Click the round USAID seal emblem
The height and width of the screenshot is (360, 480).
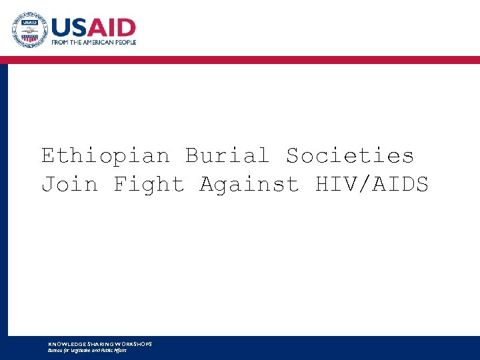pos(30,30)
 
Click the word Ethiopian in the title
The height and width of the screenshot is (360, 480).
pos(106,156)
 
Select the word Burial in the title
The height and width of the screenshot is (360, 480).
pos(227,156)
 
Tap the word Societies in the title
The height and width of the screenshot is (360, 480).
pos(350,156)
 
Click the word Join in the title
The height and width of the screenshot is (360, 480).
pos(69,184)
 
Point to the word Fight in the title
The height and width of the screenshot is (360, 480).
pos(149,184)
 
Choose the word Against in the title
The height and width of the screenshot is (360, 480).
pos(249,184)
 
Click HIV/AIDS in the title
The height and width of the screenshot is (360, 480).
pos(371,184)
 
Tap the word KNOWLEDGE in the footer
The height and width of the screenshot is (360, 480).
pos(64,344)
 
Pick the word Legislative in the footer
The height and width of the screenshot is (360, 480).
pos(86,351)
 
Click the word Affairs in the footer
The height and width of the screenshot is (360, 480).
pos(119,351)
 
